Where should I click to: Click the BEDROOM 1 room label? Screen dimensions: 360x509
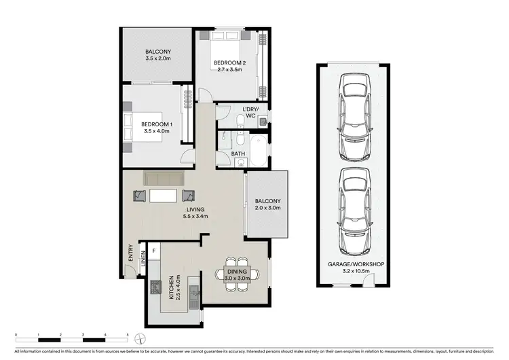coord(157,124)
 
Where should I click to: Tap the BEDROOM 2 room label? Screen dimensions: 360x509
coord(230,63)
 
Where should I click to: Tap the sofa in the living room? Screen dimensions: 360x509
coord(164,179)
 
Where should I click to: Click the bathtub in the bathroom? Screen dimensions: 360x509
coord(258,151)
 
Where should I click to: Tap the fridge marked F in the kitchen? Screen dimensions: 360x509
coord(153,251)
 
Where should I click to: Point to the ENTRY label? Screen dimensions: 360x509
coord(130,252)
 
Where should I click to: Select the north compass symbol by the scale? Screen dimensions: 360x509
coord(138,338)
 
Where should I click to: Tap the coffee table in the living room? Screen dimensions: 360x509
coord(164,196)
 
